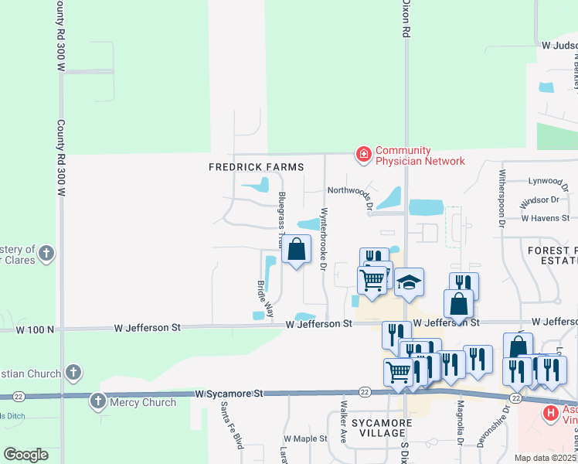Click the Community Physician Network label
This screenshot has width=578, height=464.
(420, 155)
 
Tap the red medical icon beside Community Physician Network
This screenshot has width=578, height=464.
(362, 155)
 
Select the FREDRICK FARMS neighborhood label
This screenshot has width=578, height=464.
(256, 167)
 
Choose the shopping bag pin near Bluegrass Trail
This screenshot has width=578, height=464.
(296, 250)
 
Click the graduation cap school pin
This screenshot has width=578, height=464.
(409, 283)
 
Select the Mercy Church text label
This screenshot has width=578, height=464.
(144, 402)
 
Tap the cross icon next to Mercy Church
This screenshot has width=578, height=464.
(98, 401)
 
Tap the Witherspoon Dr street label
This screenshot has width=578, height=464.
(502, 197)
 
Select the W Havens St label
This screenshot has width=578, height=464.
(545, 218)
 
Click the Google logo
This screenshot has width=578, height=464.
(25, 455)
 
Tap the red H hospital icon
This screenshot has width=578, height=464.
(550, 414)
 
